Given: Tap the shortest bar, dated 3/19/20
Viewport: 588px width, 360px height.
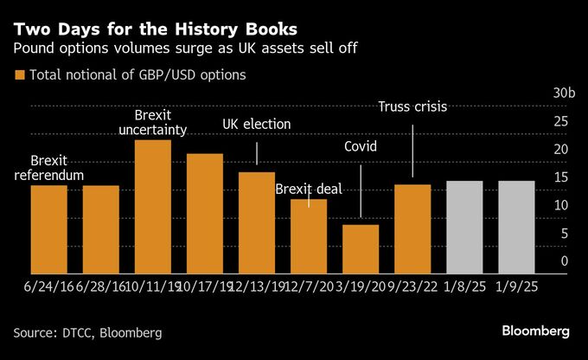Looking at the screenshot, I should pos(361,248).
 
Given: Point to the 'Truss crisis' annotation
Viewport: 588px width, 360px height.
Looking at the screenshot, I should pos(413,106).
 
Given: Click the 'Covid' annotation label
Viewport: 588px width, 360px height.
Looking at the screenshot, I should pos(361,146).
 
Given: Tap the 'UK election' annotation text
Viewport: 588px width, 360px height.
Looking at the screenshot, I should pos(257,125).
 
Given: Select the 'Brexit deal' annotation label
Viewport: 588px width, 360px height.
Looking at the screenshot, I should pos(309,189).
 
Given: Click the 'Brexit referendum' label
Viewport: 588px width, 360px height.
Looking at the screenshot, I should pos(48,169).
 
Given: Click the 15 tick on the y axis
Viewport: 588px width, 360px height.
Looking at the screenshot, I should pos(563,177).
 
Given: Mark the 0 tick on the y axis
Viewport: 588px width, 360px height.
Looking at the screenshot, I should pos(564,260).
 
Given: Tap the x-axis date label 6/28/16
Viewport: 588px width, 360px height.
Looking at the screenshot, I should pos(100,284).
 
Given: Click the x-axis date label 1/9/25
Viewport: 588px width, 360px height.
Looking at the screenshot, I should pos(516,284).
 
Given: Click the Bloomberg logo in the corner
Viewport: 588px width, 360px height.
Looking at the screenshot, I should pos(536,331).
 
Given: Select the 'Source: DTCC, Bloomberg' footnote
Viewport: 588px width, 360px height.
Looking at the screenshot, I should pos(87,332).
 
